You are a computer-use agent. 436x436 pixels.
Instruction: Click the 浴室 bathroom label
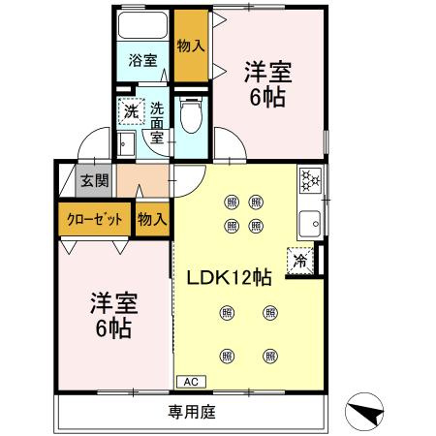pos(143,60)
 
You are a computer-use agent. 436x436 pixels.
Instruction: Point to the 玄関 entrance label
pos(94,180)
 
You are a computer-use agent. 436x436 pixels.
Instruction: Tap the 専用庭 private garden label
pos(191,412)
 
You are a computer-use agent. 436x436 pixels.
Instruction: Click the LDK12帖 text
pos(229,276)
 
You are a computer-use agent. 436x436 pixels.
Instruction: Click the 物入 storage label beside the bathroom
pos(190,45)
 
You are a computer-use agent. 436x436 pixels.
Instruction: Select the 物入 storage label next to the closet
pos(151,218)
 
